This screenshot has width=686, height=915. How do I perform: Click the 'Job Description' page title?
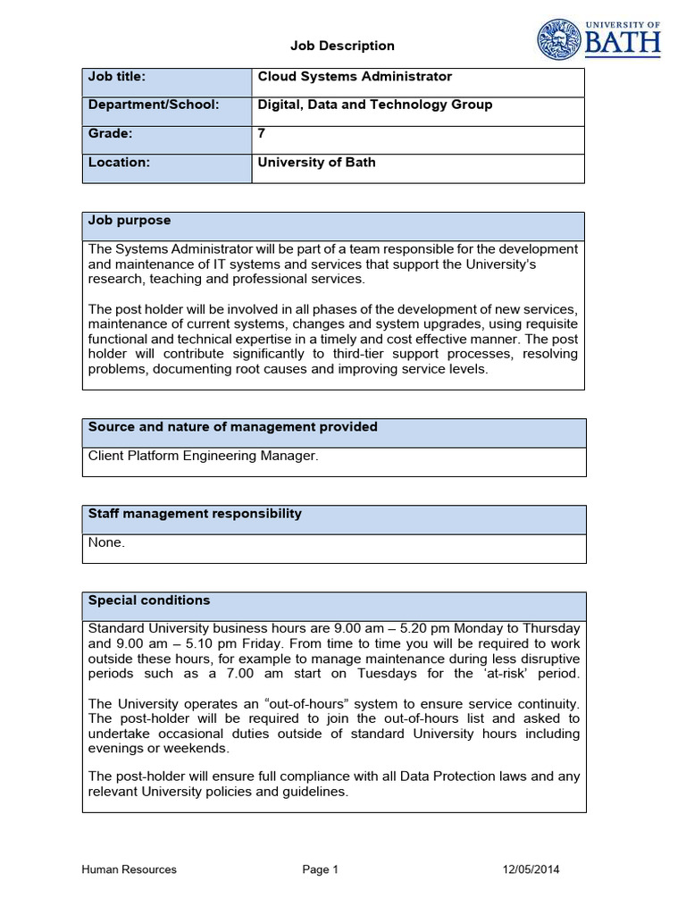pos(342,46)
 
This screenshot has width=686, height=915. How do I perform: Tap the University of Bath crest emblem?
pos(558,40)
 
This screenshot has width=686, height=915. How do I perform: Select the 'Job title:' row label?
pos(116,77)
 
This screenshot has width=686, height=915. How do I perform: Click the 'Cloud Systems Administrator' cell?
pos(355,77)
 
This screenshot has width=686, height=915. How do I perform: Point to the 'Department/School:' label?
pos(153,105)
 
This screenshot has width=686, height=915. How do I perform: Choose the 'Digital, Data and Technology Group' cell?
pos(374,105)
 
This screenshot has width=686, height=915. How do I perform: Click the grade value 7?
pos(262,133)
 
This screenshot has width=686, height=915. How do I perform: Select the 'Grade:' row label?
pos(110,133)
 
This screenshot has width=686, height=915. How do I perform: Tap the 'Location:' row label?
pos(119,163)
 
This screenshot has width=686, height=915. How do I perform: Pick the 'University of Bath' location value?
pos(316,163)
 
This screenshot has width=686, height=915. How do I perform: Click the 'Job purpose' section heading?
pos(129,220)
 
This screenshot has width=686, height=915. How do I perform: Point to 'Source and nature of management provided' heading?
pos(232,427)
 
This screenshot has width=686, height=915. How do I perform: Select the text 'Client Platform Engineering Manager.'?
pos(203,457)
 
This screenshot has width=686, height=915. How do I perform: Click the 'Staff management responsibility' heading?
pos(195,514)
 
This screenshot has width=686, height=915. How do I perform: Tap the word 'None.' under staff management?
pos(106,542)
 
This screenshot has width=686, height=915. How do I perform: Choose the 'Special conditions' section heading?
pos(149,600)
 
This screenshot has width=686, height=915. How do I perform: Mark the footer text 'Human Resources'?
pos(129,869)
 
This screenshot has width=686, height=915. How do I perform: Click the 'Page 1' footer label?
pos(321,869)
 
